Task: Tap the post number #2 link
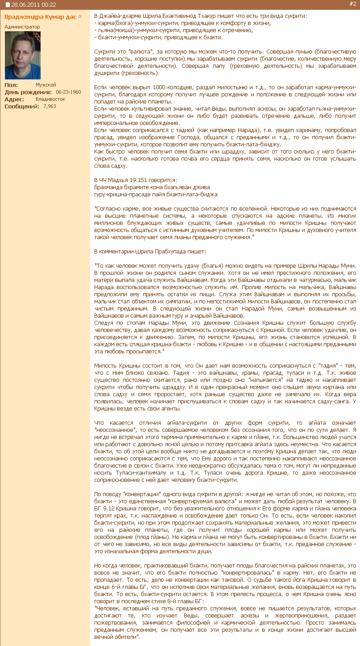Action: (x=352, y=4)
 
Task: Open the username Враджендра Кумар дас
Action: (x=41, y=17)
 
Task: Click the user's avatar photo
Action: (x=22, y=55)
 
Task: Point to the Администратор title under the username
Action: (x=22, y=27)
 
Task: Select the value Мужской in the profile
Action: (x=46, y=85)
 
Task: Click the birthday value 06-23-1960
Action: (x=68, y=92)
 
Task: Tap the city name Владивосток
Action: (x=50, y=99)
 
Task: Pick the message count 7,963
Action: (x=50, y=106)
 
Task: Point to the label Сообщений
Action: (x=22, y=106)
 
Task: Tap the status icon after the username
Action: (x=80, y=17)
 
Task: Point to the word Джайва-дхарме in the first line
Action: (x=118, y=16)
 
